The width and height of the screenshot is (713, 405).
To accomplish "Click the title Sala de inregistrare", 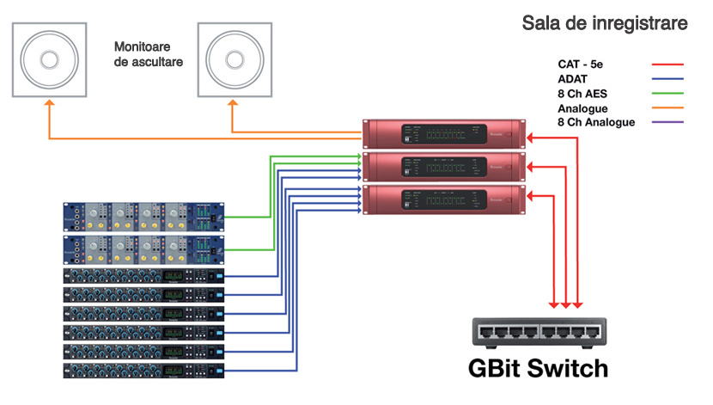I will (605, 23).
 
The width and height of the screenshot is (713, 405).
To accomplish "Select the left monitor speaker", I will (49, 61).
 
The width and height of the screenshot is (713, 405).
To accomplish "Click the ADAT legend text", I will (573, 79).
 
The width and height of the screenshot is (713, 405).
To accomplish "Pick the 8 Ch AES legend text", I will (582, 94).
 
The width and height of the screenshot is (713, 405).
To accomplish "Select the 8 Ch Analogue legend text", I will (595, 123).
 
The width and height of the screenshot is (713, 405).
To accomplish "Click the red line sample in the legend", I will (667, 64).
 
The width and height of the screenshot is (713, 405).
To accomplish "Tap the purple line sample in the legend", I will (667, 123).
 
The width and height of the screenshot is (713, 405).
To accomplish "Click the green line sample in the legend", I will (667, 94).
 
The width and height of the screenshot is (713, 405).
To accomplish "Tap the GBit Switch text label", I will (538, 368).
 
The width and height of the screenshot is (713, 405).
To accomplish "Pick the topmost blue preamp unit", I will (144, 218).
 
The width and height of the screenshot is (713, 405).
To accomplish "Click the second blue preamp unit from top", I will (144, 250).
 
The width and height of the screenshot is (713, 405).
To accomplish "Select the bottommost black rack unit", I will (144, 370).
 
